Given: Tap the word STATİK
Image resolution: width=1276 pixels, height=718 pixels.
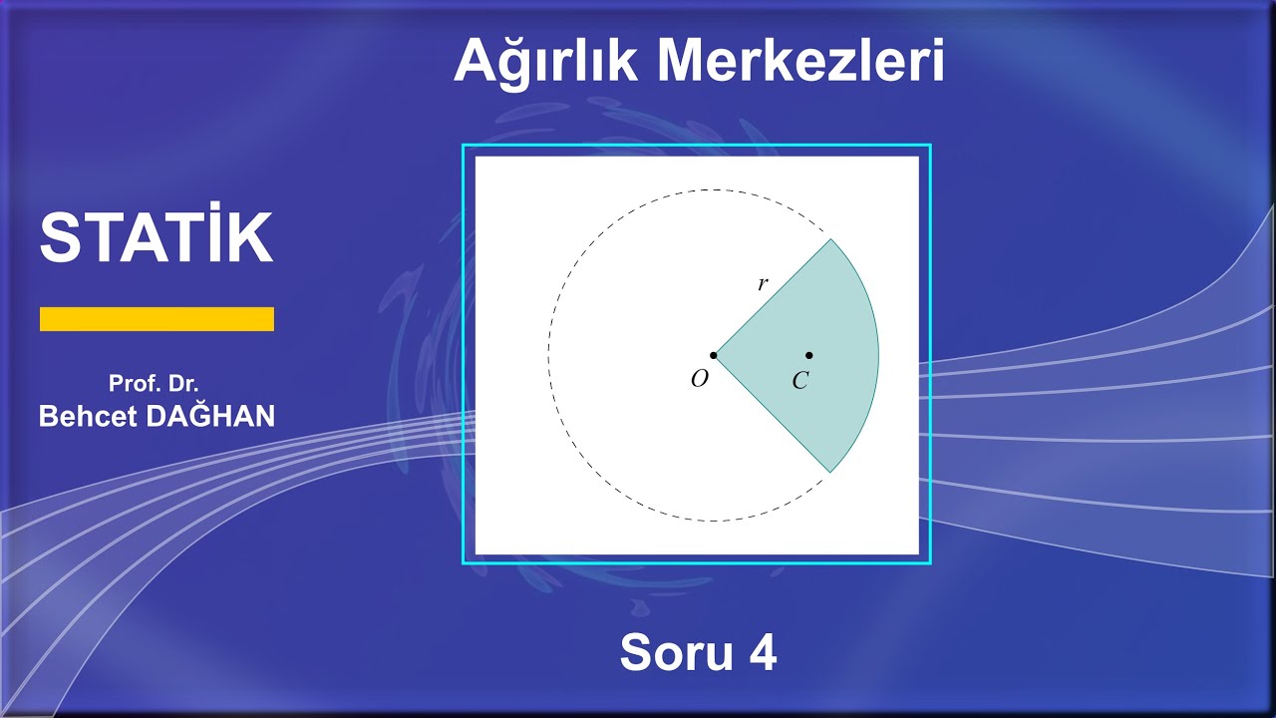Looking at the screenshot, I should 157,237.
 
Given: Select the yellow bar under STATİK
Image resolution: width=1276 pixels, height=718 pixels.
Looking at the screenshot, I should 157,319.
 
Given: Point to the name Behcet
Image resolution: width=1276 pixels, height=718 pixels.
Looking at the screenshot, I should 88,417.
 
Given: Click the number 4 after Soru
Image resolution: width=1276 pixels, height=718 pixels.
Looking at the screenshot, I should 763,653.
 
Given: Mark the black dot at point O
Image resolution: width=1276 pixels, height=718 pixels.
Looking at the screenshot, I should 714,355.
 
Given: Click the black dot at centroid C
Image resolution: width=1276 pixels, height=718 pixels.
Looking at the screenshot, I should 808,355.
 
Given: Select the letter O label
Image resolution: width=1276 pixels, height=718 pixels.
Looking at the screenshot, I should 700,380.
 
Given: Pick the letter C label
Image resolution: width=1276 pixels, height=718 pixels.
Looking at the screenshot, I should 799,381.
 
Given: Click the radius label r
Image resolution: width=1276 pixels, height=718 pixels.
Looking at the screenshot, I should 763,284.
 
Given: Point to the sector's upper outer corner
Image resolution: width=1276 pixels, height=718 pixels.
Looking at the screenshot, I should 830,239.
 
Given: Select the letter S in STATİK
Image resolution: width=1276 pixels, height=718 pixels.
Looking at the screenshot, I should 59,237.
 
